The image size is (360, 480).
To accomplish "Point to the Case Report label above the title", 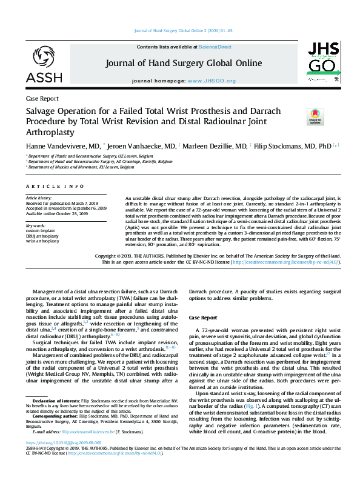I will coord(42,98).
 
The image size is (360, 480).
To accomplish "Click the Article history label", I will coord(39,198).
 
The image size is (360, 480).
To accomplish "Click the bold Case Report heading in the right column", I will coord(202,318).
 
